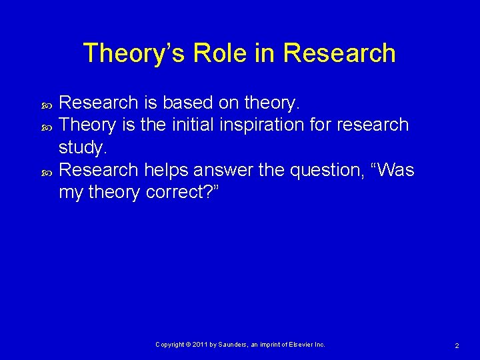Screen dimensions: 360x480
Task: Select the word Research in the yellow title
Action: (x=340, y=53)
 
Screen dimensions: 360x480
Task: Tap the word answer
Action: (x=223, y=170)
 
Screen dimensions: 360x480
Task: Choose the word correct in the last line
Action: (x=178, y=193)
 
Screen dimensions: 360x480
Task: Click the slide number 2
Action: (x=457, y=345)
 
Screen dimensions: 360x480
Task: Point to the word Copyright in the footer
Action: (x=171, y=345)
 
